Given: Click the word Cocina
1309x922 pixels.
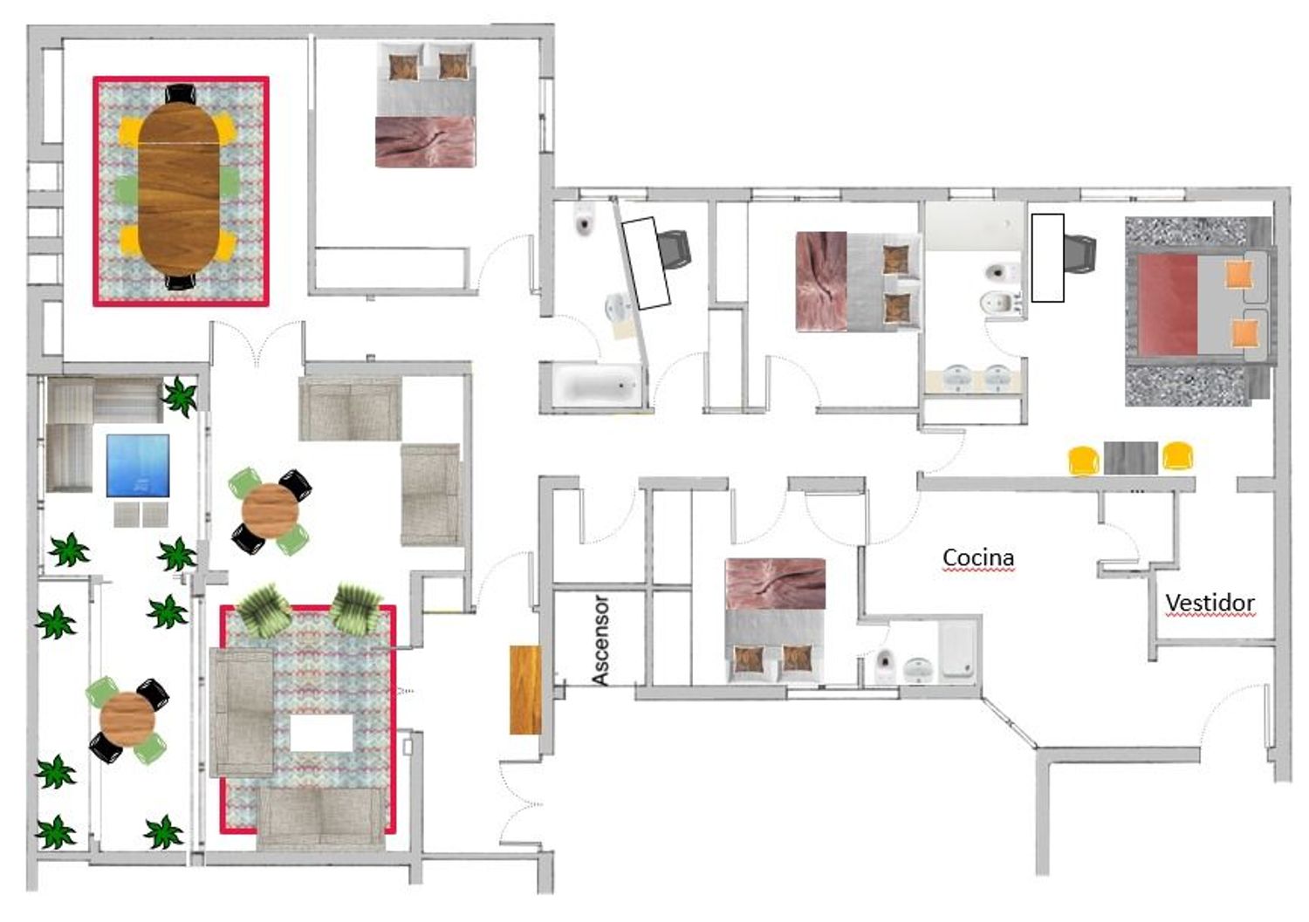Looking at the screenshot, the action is tap(978, 558).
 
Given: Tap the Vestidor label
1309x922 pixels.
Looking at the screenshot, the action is tap(1210, 603).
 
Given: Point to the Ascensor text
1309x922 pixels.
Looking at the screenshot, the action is tap(600, 640).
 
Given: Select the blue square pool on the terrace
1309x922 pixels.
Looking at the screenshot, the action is tap(138, 466).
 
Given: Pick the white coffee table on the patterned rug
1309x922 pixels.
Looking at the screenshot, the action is tap(322, 734).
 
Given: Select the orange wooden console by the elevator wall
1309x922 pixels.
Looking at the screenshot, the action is tap(524, 689).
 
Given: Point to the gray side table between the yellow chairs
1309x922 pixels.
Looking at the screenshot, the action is tap(1131, 458).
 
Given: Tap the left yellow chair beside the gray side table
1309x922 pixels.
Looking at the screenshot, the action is tap(1084, 461).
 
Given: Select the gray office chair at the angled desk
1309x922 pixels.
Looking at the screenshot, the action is tap(675, 249).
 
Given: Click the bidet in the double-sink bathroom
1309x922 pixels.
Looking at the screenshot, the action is tap(1000, 303).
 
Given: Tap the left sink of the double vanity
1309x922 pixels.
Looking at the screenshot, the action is tap(957, 378).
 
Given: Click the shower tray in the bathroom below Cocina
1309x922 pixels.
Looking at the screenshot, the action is tap(958, 650).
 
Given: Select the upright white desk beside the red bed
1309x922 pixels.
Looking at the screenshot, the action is tap(1047, 258).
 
